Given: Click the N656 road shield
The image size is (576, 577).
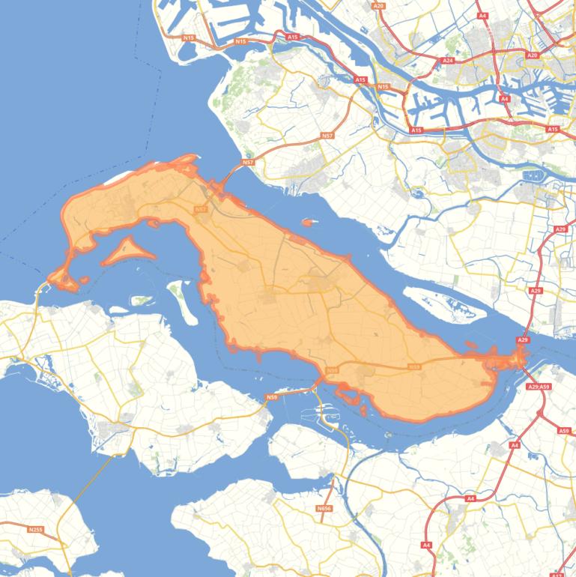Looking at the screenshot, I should [x=324, y=509].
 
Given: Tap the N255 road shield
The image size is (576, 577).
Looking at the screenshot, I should [x=35, y=530].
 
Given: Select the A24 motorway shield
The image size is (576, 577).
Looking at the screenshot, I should [x=448, y=60].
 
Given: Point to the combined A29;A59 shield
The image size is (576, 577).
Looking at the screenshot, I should [x=539, y=387].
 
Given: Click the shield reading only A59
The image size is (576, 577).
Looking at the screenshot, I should [x=563, y=431].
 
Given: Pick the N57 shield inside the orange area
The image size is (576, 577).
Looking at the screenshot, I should [x=200, y=210].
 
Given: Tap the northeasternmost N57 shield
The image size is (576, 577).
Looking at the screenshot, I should [x=327, y=136].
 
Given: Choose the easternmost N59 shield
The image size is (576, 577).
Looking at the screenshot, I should [x=414, y=366].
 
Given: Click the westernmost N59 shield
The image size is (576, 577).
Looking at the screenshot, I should [x=271, y=397].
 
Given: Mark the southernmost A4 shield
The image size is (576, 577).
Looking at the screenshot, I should [x=426, y=545].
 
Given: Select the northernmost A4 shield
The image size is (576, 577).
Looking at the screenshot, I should [x=483, y=15].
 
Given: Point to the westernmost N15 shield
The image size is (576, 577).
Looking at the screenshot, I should [x=188, y=37].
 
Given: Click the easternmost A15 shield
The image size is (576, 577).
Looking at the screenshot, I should [x=553, y=130].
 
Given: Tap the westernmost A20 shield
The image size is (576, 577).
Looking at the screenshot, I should [x=378, y=6].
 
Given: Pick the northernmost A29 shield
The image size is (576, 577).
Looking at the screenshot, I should [x=561, y=229].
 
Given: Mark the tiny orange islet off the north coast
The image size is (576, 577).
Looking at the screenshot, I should [x=307, y=222].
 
